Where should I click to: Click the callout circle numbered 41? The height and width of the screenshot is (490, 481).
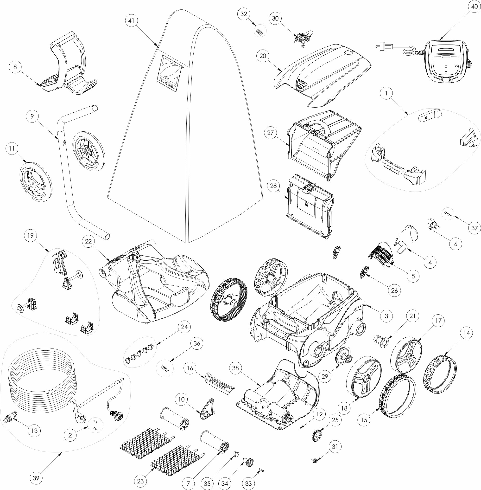[x=131, y=20]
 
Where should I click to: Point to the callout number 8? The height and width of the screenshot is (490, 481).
[x=15, y=67]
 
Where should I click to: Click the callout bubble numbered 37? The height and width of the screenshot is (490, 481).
[x=474, y=228]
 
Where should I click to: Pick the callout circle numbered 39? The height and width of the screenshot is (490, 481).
[x=36, y=478]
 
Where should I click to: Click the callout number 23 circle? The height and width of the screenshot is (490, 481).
[x=140, y=481]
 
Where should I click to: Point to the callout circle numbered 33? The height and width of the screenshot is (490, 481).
[x=248, y=484]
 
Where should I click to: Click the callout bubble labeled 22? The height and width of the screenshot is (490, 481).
[x=88, y=241]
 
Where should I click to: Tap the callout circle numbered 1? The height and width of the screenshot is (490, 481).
[x=386, y=93]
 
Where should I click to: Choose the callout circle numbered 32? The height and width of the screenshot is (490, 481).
[x=244, y=14]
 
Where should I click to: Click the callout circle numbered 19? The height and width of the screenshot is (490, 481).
[x=30, y=236]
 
